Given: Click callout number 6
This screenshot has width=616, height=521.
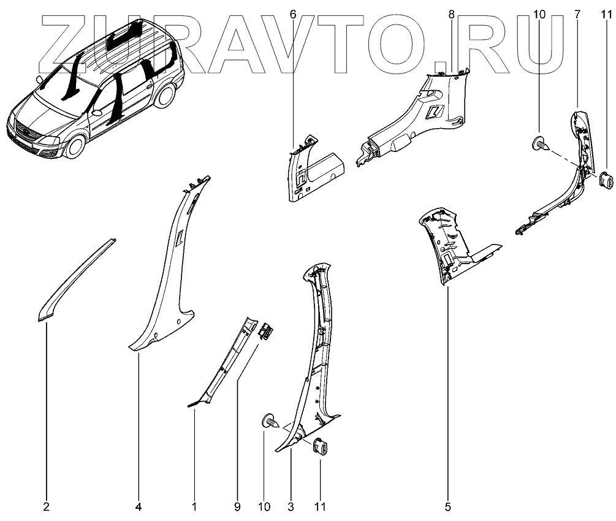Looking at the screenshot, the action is [294, 13].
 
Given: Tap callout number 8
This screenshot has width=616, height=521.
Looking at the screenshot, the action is [452, 13].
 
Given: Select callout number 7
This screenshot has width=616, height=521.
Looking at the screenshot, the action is [577, 13].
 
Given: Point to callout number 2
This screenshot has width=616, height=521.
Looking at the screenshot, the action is [47, 507].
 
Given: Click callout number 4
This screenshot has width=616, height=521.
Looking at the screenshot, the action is [139, 507].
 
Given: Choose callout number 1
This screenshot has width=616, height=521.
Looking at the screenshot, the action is [194, 507].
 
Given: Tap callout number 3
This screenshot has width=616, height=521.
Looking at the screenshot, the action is [291, 507].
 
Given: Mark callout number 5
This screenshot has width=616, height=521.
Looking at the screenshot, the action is [448, 507].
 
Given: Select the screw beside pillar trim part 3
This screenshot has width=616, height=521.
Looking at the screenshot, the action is [269, 422].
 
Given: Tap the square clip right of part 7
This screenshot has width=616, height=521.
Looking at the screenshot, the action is [605, 181].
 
